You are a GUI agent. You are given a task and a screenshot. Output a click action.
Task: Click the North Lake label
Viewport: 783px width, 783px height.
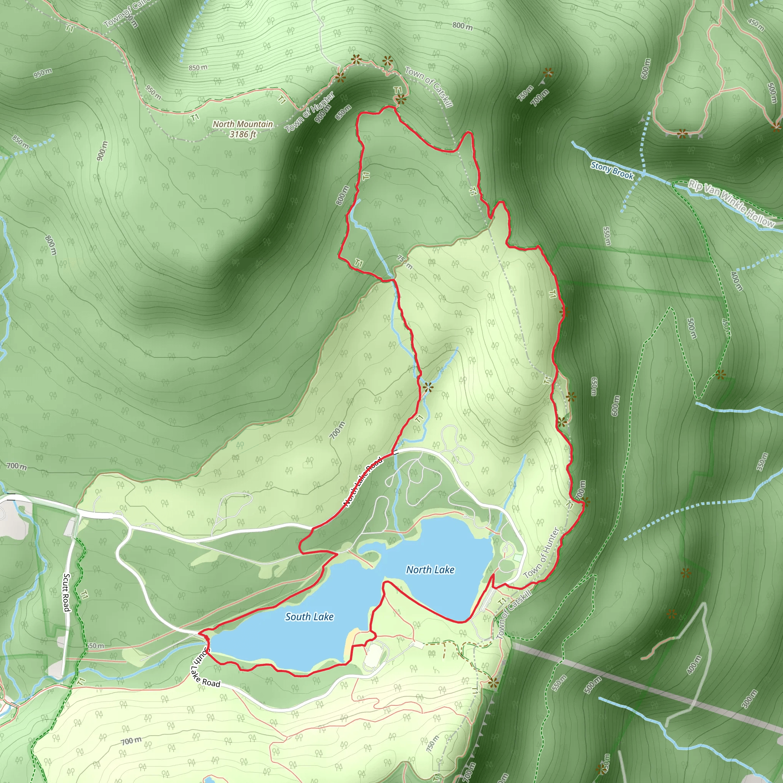[x=430, y=569]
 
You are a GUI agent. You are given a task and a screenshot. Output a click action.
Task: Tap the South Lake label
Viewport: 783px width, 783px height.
[x=309, y=616]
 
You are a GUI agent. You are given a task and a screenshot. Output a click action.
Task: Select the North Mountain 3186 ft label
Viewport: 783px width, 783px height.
[x=243, y=129]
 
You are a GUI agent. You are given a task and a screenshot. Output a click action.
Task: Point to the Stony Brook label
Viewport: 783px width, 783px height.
[x=612, y=170]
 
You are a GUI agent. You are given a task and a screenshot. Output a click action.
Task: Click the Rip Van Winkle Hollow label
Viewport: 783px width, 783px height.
[x=732, y=203]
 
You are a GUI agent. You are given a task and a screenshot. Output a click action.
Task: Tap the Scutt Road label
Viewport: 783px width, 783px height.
[x=67, y=592]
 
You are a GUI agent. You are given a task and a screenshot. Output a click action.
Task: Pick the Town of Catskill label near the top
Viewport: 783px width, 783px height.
[x=429, y=87]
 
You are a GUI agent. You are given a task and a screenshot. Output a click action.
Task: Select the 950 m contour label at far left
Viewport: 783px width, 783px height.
[x=42, y=73]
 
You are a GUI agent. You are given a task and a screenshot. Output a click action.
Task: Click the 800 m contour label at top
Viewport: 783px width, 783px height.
[x=463, y=26]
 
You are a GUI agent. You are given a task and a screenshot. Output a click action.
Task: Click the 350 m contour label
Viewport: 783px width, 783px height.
[x=762, y=461]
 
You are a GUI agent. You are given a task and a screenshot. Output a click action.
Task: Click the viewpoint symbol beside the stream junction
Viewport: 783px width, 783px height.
[x=427, y=387]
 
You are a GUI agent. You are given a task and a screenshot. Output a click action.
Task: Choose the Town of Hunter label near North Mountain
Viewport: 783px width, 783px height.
[x=310, y=112]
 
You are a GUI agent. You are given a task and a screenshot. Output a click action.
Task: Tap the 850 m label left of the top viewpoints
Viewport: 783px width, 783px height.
[x=198, y=67]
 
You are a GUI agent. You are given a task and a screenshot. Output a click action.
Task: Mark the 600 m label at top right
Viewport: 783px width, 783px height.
[x=646, y=68]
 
